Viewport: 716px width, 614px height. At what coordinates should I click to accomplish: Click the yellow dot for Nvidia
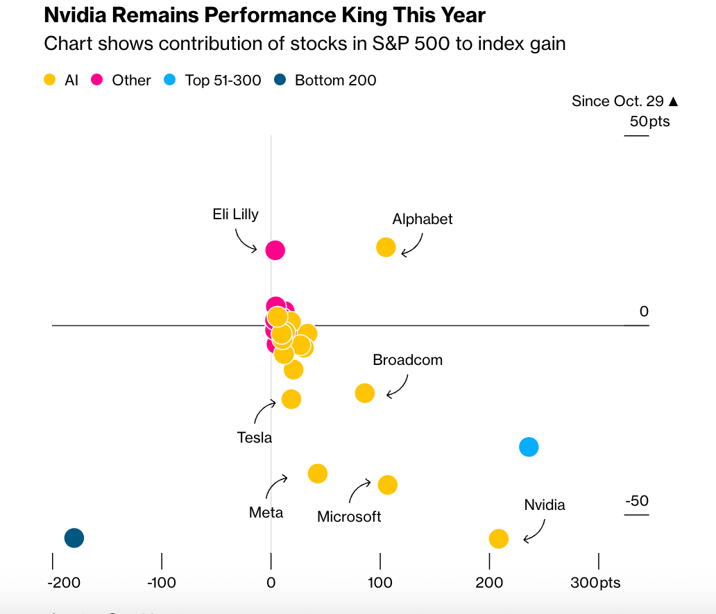(498, 538)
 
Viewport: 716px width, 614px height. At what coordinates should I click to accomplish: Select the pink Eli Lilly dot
(275, 250)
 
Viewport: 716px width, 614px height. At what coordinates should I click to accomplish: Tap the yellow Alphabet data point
(386, 247)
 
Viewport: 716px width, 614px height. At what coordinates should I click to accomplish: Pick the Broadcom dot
(365, 393)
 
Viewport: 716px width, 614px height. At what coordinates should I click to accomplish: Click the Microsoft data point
(387, 485)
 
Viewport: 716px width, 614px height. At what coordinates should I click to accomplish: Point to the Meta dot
(317, 474)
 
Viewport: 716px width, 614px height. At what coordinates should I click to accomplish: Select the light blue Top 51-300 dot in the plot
(529, 447)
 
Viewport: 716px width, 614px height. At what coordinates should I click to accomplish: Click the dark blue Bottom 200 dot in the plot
(74, 538)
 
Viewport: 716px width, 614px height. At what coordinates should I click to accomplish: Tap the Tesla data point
(291, 399)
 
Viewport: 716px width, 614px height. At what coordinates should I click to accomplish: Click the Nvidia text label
(544, 505)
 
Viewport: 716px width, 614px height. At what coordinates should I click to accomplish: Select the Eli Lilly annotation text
(235, 214)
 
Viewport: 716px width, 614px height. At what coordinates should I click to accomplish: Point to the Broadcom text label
(407, 360)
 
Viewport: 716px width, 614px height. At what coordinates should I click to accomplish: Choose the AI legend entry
(62, 80)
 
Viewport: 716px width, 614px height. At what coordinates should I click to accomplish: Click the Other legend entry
(121, 80)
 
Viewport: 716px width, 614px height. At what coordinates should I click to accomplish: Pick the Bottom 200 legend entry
(326, 80)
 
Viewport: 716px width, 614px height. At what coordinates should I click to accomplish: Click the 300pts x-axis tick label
(595, 583)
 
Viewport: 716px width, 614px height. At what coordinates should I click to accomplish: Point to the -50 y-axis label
(636, 501)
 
